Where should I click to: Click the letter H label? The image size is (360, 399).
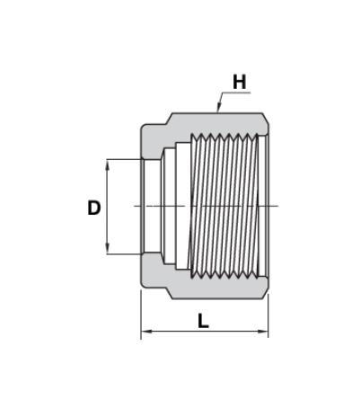pos(240,82)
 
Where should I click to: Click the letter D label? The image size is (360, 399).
pos(94,208)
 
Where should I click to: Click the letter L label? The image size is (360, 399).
pos(203,321)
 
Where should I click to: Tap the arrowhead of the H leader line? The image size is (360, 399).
pos(218,108)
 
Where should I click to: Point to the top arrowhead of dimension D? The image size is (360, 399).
pos(108,164)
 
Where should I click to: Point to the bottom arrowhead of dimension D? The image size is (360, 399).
pos(108,250)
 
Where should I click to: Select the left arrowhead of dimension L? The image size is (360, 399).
pos(145,332)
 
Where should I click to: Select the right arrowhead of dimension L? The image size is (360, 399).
pos(263,332)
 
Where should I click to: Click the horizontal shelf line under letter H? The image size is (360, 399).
pos(236,93)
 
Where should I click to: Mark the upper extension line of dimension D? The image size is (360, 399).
pos(124,159)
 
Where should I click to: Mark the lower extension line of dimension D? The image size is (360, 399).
pos(124,254)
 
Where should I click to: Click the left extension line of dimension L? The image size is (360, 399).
pos(141,315)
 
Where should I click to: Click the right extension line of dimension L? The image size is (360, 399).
pos(268,316)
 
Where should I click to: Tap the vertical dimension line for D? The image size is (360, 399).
pos(108,207)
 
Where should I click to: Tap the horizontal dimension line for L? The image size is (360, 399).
pos(205,332)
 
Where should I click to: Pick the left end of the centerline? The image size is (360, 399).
pos(134,206)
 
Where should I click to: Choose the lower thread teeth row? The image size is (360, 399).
pos(224,273)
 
